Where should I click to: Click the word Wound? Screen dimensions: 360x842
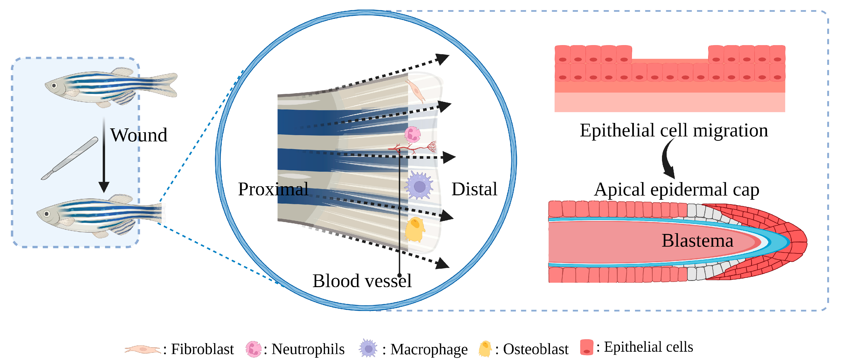tap(139, 135)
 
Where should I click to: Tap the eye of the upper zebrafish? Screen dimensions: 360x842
tap(54, 86)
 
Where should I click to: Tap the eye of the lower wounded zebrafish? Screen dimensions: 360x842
tap(47, 214)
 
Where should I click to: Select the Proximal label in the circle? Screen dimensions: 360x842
tap(273, 189)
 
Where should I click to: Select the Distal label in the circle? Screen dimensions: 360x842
tap(474, 189)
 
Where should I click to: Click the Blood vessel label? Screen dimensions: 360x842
tap(362, 281)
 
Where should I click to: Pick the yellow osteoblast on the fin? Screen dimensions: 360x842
tap(415, 230)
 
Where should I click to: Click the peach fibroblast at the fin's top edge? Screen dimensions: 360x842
tap(416, 91)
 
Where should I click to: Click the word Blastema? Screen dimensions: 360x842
tap(697, 241)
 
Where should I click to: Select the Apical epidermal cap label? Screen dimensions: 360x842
tap(676, 190)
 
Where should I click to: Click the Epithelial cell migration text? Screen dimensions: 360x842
tap(674, 130)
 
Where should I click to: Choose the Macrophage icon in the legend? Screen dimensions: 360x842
tap(368, 349)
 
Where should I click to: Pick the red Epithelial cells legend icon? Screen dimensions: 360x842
tap(586, 347)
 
